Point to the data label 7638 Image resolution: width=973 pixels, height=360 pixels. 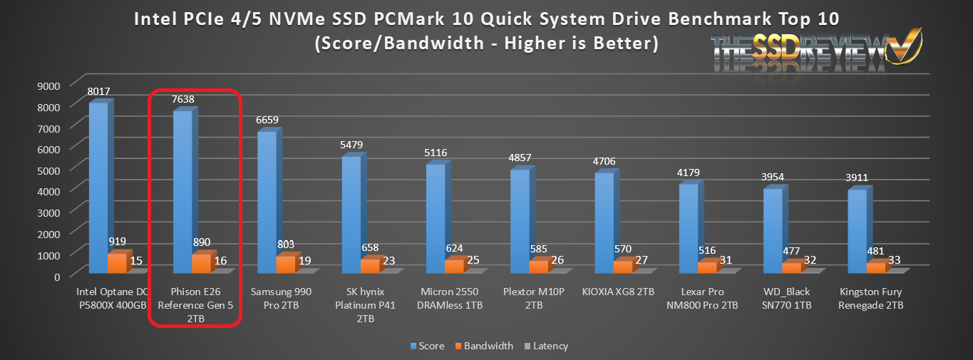[x=182, y=99]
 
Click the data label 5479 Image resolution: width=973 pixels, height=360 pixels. [x=351, y=145]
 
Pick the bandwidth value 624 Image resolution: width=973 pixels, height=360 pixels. [x=453, y=248]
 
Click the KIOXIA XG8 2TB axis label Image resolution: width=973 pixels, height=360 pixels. [x=622, y=292]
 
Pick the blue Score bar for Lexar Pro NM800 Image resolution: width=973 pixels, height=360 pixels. [x=689, y=228]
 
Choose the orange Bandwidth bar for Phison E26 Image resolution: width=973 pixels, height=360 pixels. [x=200, y=263]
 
